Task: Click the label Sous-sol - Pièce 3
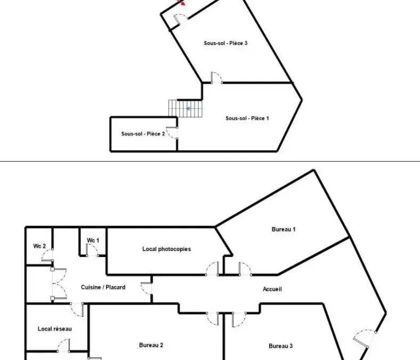point(225,43)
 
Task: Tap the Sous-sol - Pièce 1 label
point(247,118)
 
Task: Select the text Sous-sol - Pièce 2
point(143,134)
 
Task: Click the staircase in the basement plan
point(185,109)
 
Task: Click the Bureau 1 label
point(284,229)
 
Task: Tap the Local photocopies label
point(167,249)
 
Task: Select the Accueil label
point(272,289)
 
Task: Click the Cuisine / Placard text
point(103,287)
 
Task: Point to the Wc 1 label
point(93,241)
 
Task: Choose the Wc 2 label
point(39,246)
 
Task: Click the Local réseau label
point(55,329)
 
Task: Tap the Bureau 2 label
point(151,345)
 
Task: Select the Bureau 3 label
point(281,346)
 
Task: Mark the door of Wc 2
point(47,255)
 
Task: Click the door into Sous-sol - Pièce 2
point(172,133)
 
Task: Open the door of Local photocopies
point(212,268)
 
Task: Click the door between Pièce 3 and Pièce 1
point(216,78)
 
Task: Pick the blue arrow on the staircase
point(188,109)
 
